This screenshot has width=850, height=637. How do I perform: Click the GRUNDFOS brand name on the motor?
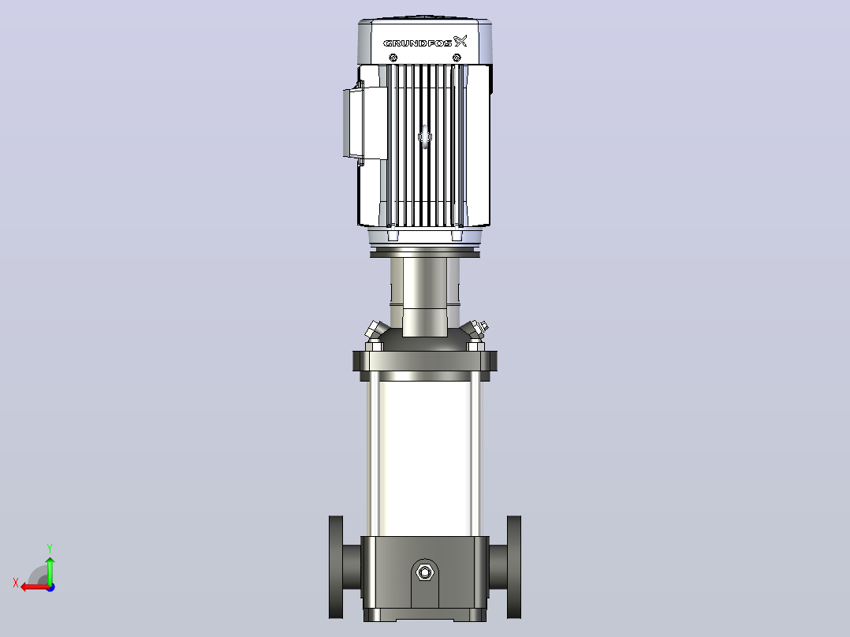(417, 43)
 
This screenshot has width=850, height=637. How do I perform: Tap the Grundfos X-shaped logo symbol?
(460, 41)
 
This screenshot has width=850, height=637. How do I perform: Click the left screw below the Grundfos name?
(393, 58)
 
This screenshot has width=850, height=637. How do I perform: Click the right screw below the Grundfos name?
(457, 58)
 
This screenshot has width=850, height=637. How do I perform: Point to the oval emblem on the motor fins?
(425, 136)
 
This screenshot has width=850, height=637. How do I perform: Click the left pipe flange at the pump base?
(336, 567)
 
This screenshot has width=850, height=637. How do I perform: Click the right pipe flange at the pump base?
(514, 567)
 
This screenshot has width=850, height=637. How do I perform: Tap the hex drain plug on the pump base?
(425, 572)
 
